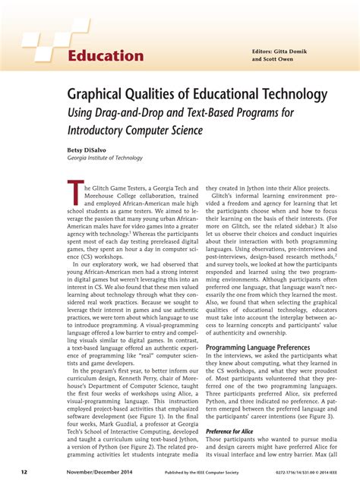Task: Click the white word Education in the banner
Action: pos(106,56)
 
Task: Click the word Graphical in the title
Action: pos(93,96)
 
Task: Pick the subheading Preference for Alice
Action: pos(228,431)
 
